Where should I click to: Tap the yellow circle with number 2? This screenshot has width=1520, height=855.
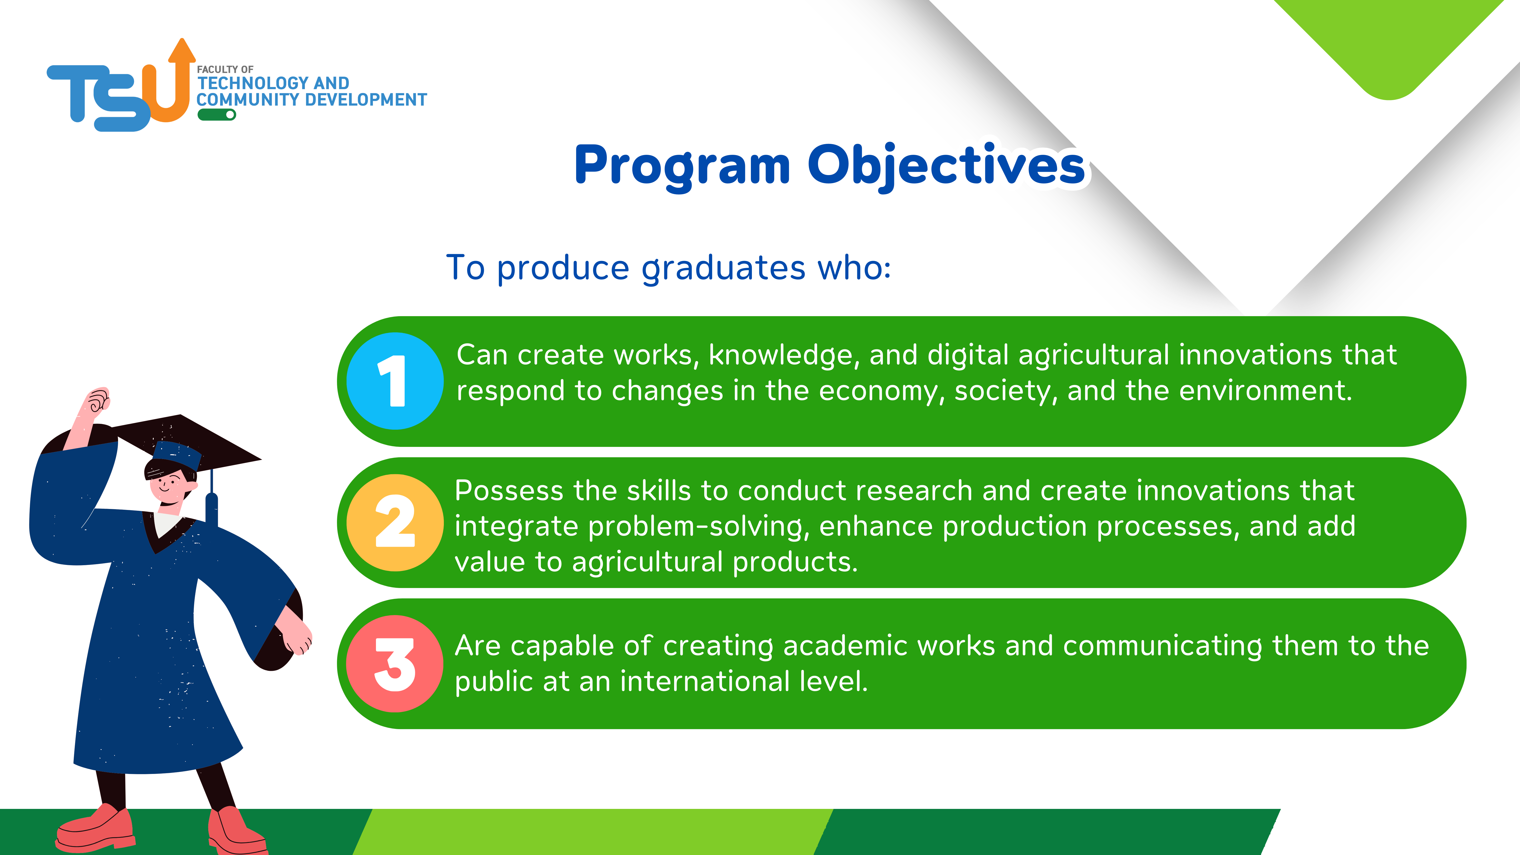395,522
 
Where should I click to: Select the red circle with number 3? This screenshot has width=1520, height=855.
395,664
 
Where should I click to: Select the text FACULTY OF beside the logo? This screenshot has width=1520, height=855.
225,70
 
